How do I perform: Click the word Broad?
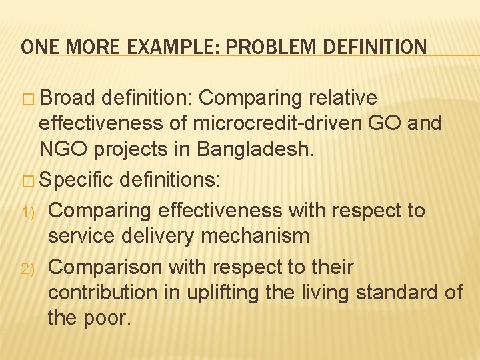[x=69, y=98]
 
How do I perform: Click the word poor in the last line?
[x=107, y=318]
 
